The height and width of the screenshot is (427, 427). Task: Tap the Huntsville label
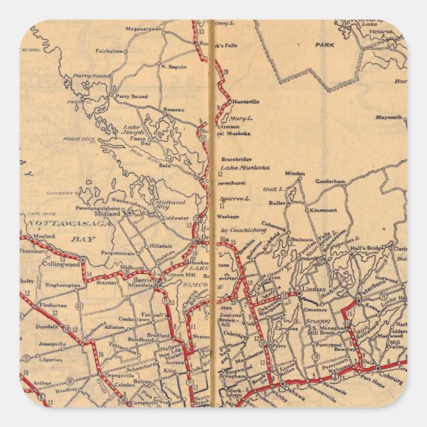[x=245, y=101]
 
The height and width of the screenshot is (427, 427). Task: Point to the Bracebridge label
[x=239, y=160]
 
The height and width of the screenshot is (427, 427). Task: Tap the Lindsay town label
[x=314, y=290]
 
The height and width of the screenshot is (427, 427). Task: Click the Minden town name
[x=295, y=172]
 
